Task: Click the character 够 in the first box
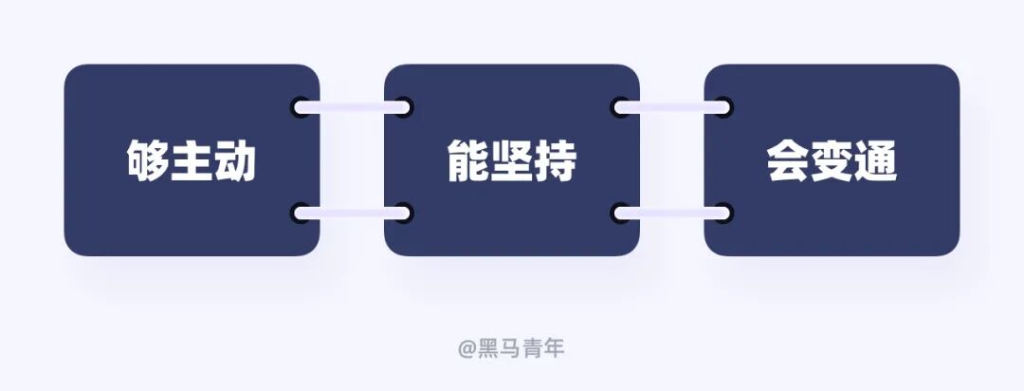click(149, 161)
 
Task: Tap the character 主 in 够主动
click(192, 161)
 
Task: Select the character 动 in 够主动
click(235, 161)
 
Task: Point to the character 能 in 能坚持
click(468, 161)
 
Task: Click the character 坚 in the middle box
click(512, 161)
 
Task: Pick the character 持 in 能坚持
click(555, 161)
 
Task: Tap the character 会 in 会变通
click(788, 161)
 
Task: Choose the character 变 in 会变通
click(832, 161)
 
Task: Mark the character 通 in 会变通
click(874, 161)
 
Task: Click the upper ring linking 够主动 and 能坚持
click(352, 107)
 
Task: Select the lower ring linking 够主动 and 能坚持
click(352, 213)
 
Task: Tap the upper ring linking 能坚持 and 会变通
click(672, 107)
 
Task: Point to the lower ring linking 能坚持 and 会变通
click(672, 213)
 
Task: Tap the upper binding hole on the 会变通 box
click(722, 107)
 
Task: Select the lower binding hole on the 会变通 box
click(722, 213)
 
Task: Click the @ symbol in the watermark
click(466, 349)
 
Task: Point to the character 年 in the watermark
click(555, 348)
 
